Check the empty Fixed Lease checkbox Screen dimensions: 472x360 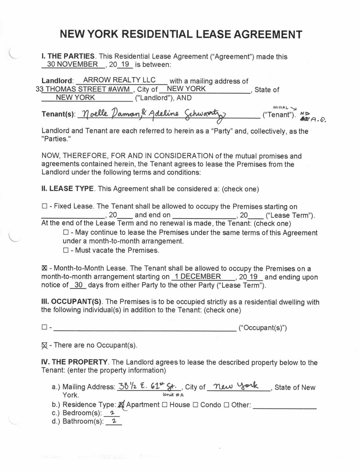[x=44, y=206]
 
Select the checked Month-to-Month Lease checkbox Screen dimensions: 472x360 [x=44, y=269]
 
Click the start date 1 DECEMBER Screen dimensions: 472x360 [x=198, y=277]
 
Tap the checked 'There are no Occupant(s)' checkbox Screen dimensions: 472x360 [x=44, y=345]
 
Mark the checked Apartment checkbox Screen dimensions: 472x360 [x=121, y=404]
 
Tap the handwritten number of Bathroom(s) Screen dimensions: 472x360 [x=114, y=422]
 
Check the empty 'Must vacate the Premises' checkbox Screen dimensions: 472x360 [x=66, y=250]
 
